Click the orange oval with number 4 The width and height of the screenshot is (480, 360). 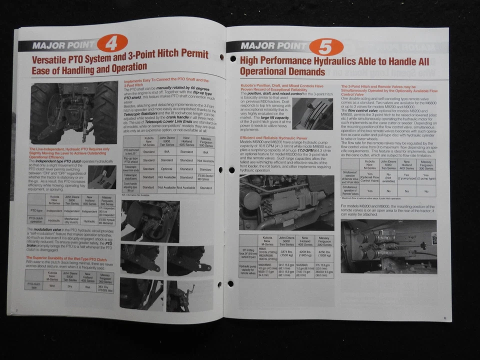pos(112,43)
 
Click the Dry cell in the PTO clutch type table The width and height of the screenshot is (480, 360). pos(70,286)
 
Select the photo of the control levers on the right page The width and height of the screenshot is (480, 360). pos(312,113)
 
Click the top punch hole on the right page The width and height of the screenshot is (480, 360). pos(232,59)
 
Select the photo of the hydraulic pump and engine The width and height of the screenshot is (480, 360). pos(286,202)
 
